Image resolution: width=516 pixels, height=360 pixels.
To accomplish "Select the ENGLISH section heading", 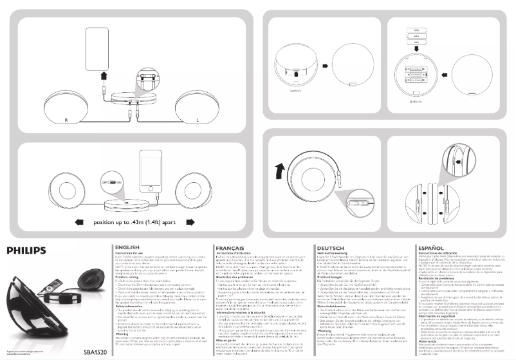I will click(127, 248).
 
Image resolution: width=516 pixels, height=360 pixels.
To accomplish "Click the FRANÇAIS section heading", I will click(232, 248).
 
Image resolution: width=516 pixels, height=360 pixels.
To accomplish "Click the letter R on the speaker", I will click(66, 120).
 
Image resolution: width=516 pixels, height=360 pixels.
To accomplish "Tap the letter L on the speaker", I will click(205, 120).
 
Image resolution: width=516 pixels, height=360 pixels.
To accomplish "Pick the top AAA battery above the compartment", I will click(416, 30).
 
